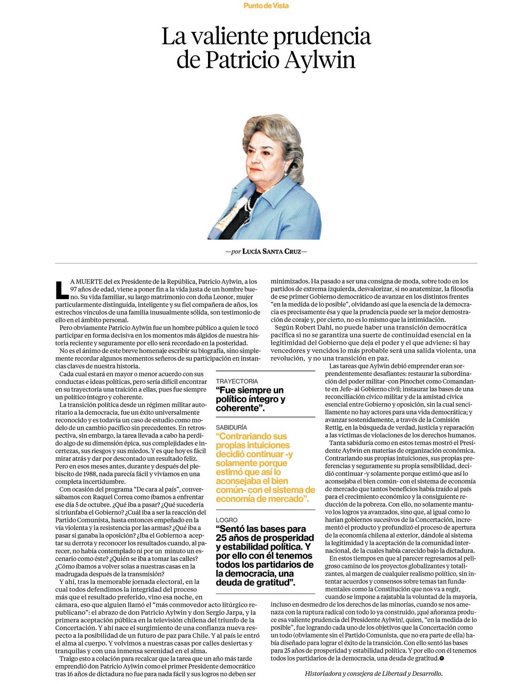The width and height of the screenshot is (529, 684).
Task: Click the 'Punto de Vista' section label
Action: pos(266,6)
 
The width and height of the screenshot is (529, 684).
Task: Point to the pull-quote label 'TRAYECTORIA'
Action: pos(237,381)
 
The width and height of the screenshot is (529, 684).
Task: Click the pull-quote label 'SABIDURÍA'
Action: pos(231,427)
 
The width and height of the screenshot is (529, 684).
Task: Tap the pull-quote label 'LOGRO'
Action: pos(227,520)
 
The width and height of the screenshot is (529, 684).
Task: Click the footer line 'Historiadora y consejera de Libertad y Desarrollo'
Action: pos(374,673)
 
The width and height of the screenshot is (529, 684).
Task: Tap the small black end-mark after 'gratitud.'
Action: pos(442,659)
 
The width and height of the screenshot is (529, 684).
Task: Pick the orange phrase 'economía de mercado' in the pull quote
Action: pos(260,499)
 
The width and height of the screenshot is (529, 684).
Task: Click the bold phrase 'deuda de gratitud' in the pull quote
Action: pos(255,582)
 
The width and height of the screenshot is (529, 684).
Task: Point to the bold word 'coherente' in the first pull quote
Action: pos(240,408)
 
